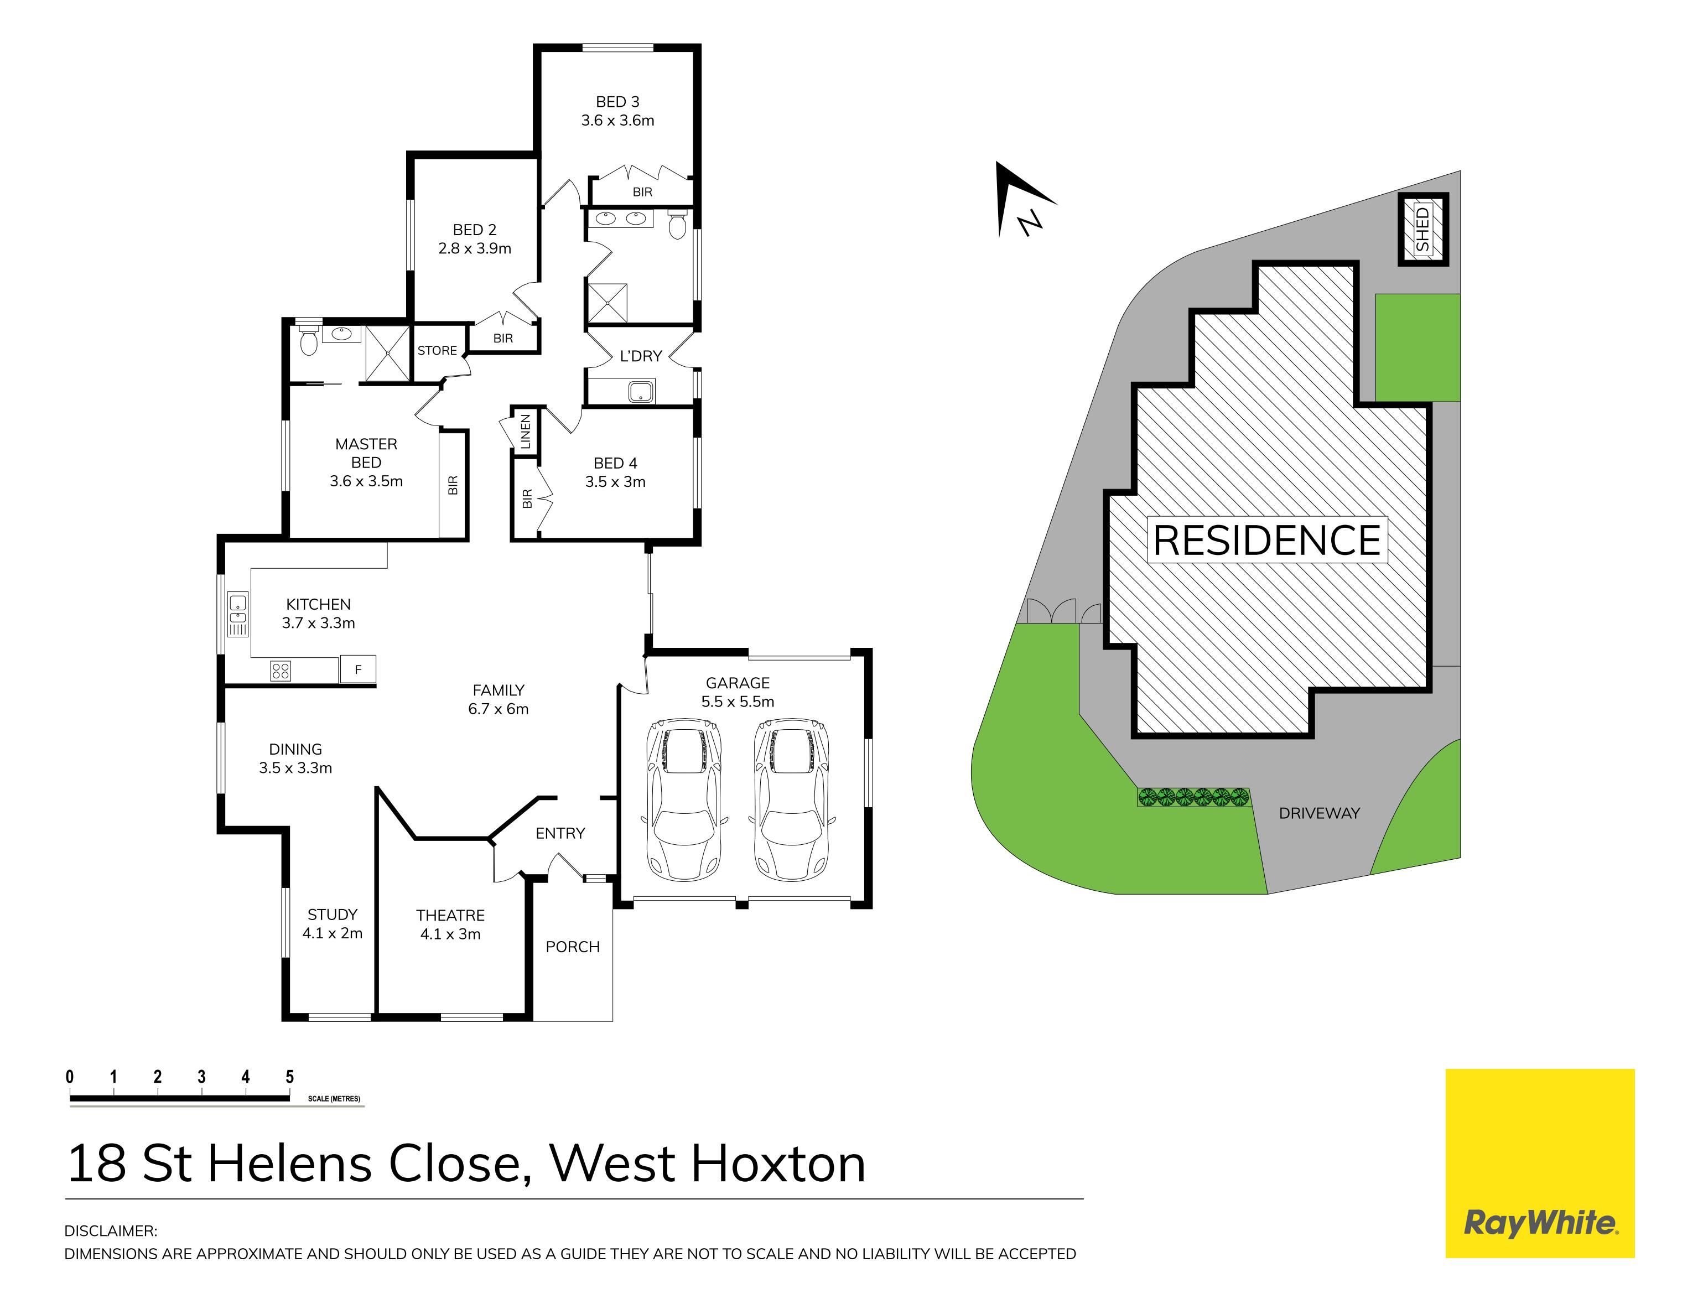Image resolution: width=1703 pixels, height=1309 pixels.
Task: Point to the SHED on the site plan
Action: (1422, 229)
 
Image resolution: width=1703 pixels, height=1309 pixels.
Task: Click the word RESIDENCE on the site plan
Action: (1266, 540)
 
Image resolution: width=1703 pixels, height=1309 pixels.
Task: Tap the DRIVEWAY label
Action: (1319, 813)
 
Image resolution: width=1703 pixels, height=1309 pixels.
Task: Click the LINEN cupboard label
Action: (525, 432)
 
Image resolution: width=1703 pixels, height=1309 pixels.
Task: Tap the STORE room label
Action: (437, 351)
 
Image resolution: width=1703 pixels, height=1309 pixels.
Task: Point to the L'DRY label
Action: (640, 356)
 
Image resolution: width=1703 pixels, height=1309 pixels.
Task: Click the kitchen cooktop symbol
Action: (281, 670)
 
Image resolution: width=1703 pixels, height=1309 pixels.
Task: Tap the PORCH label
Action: (573, 947)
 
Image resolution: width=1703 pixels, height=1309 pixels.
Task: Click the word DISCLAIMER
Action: (111, 1231)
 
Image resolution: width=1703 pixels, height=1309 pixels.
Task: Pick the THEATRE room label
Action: (450, 916)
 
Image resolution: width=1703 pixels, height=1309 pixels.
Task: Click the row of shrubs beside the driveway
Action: (1193, 796)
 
